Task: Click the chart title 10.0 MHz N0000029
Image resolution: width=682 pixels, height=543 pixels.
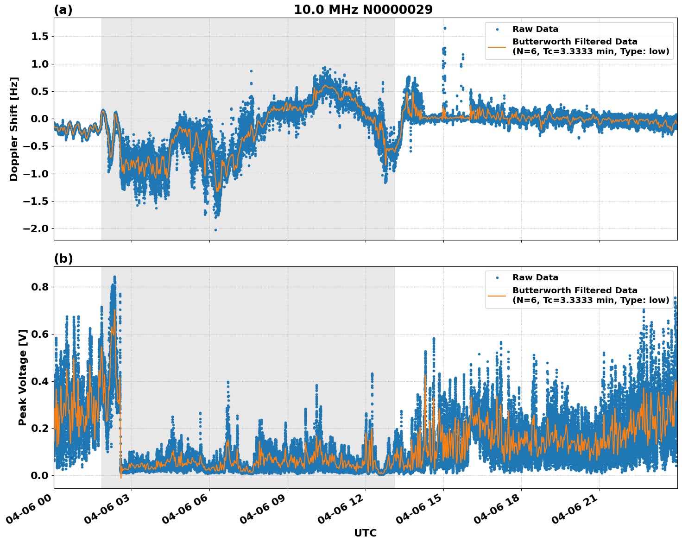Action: (363, 10)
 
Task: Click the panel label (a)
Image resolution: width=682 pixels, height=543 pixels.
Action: (63, 10)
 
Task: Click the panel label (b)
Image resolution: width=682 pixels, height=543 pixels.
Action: (63, 259)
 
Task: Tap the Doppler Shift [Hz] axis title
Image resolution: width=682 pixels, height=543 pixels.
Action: (14, 129)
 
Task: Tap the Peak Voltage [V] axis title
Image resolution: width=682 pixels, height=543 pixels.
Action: (23, 377)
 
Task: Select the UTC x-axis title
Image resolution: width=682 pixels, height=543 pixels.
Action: (365, 533)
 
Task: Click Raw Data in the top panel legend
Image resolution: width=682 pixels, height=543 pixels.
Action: (535, 30)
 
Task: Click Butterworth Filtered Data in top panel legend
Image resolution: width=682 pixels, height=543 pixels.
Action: (575, 42)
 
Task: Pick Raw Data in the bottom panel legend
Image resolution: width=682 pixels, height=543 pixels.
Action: (535, 278)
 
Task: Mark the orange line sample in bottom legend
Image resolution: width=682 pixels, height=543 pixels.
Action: (497, 296)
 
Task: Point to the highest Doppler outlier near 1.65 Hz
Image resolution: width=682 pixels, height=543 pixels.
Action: (444, 28)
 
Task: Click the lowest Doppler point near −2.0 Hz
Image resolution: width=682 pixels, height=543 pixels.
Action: (215, 230)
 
